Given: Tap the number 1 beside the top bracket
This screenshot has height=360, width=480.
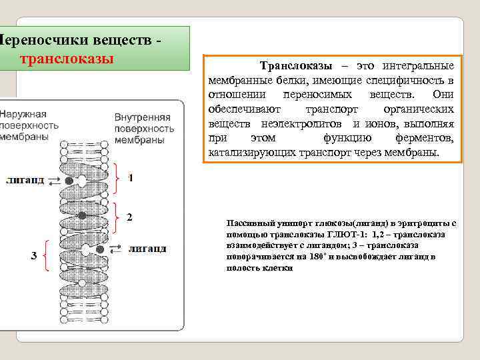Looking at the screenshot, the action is tap(131, 178).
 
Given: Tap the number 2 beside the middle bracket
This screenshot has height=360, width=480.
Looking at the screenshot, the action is tap(129, 217).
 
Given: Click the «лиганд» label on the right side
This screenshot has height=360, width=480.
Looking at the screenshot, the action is tap(147, 249).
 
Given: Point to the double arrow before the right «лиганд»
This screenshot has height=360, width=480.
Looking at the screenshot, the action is tap(115, 249).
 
